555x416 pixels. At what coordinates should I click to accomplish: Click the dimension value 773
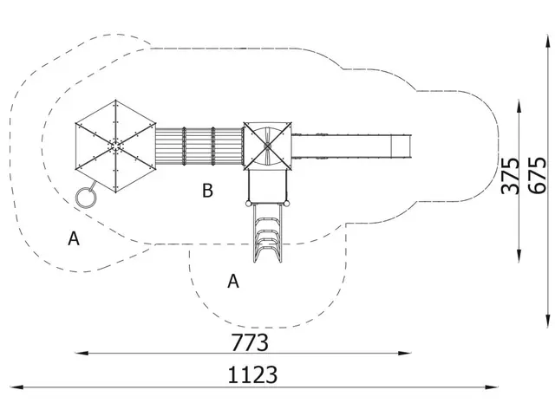[250, 342]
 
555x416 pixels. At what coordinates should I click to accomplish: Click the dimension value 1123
[252, 375]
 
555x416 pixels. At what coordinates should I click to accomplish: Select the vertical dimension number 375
[511, 176]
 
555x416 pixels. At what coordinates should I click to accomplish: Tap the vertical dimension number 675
[537, 175]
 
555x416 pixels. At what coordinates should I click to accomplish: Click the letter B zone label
[207, 191]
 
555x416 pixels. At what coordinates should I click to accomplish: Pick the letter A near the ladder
[233, 282]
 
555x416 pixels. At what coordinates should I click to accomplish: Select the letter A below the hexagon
[74, 238]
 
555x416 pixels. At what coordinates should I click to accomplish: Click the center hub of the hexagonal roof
[115, 146]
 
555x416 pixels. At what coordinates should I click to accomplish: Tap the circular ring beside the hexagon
[86, 198]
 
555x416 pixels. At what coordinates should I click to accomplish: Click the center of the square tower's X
[268, 146]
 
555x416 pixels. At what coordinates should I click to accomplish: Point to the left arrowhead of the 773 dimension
[82, 353]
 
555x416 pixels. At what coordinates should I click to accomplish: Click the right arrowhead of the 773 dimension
[405, 353]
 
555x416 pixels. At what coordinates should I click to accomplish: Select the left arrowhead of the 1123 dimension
[17, 387]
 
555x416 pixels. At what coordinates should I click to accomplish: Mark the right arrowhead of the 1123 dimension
[492, 387]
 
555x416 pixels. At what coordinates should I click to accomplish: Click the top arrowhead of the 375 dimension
[519, 106]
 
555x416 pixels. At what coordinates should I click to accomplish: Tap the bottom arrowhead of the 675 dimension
[548, 321]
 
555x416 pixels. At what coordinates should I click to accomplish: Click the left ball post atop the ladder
[248, 204]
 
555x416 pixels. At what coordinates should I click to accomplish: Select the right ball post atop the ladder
[287, 204]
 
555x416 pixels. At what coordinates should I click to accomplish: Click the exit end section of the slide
[401, 146]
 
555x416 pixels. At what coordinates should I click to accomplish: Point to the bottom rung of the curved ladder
[268, 252]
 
